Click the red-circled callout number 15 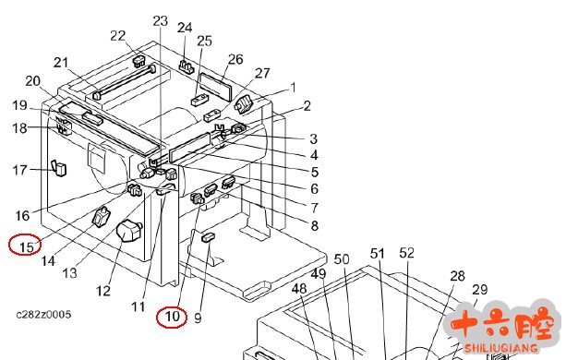[27, 247]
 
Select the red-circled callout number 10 [172, 317]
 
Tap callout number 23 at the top [161, 21]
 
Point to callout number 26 [235, 59]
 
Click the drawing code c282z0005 [43, 315]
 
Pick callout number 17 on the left [20, 170]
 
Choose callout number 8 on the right [315, 225]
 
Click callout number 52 [406, 253]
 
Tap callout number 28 [457, 276]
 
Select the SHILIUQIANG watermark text [500, 348]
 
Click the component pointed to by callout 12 [129, 232]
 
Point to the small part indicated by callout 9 [209, 237]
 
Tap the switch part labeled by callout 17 [59, 168]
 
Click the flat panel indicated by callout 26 [216, 87]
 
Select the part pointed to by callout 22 [138, 61]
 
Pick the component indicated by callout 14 [101, 216]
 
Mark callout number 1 [293, 88]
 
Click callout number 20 [32, 81]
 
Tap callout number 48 [299, 288]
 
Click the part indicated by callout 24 [186, 66]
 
